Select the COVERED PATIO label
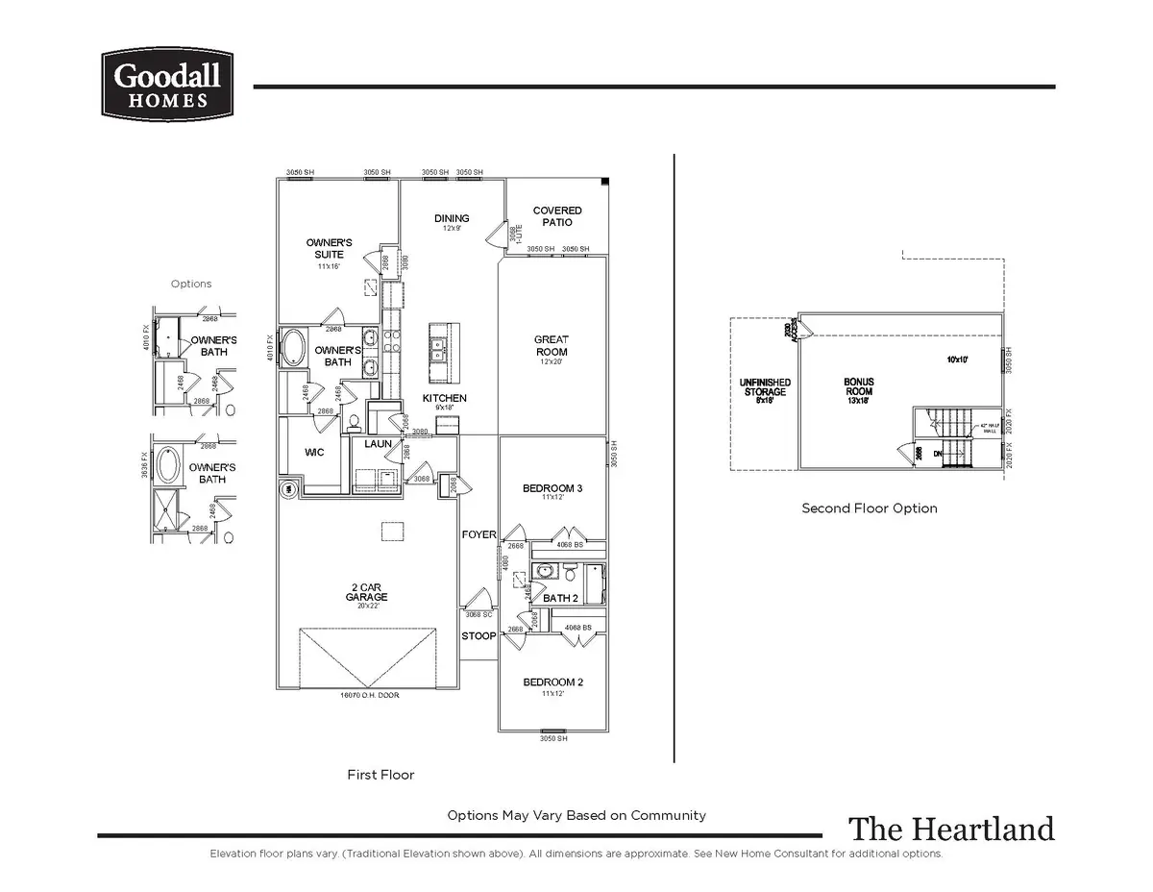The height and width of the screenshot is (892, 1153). (x=557, y=216)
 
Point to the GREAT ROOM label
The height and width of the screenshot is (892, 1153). (x=552, y=345)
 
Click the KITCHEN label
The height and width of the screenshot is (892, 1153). (x=445, y=398)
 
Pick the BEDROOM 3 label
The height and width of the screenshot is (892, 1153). (x=552, y=489)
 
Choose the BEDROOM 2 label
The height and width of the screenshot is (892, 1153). (x=552, y=682)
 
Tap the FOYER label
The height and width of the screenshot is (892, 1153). (x=478, y=534)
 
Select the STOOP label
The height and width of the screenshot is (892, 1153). (x=478, y=636)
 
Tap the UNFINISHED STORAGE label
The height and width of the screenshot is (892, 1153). (x=765, y=387)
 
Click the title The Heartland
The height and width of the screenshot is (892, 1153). (x=950, y=829)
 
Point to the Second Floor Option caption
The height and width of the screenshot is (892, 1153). (x=869, y=508)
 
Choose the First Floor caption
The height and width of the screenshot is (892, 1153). (x=380, y=774)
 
